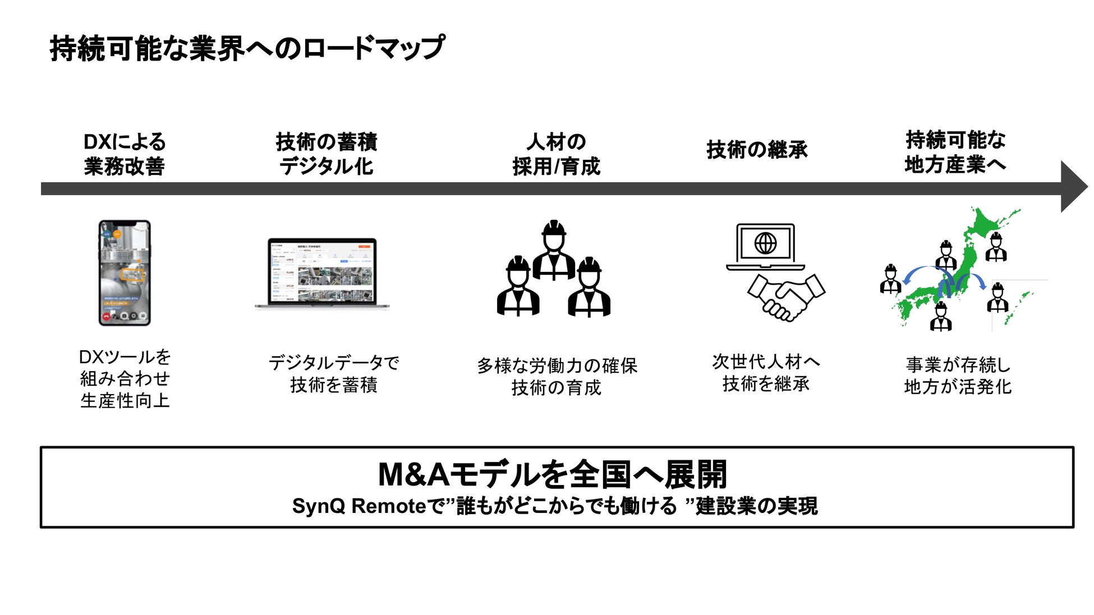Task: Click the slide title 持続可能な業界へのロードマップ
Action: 247,48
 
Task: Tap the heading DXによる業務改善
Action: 124,154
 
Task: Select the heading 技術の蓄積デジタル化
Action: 327,154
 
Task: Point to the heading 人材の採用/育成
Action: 556,154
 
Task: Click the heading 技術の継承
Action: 757,150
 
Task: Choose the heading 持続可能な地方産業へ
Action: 955,152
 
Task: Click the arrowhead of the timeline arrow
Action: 1073,187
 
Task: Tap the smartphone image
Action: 125,272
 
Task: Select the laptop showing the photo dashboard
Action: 322,273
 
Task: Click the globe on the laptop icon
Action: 765,243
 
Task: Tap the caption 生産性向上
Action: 125,401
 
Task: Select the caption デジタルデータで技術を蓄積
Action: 334,374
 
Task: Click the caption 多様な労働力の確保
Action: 557,366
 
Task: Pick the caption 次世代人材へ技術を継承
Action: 766,373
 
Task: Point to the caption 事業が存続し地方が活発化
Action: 958,376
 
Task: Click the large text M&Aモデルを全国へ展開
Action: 553,474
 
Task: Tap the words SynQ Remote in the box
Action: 359,506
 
